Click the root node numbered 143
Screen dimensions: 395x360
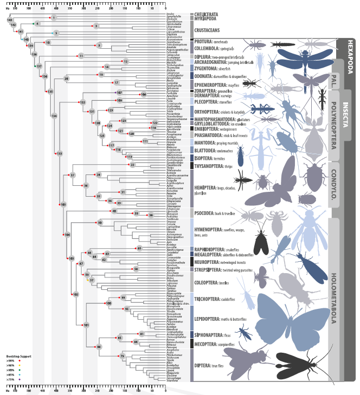coord(10,20)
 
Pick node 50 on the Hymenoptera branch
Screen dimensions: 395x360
coord(100,223)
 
